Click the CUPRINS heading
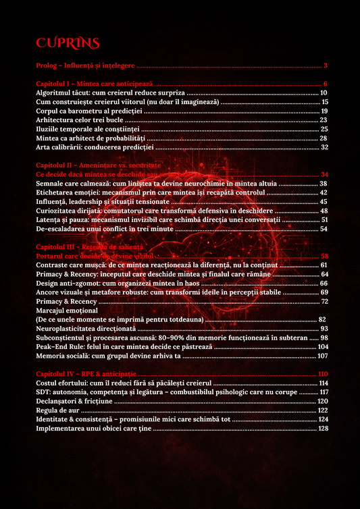[68, 43]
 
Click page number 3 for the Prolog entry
[326, 65]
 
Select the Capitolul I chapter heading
[94, 83]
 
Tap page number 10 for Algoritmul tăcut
[324, 92]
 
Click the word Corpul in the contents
[48, 111]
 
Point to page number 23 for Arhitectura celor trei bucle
[324, 119]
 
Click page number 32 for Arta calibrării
[324, 147]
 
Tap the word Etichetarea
[57, 192]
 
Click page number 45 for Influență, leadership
[324, 201]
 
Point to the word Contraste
[53, 265]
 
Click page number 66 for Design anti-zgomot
[324, 284]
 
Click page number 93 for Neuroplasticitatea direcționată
[324, 329]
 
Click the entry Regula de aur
[57, 410]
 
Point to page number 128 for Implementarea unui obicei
[323, 429]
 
